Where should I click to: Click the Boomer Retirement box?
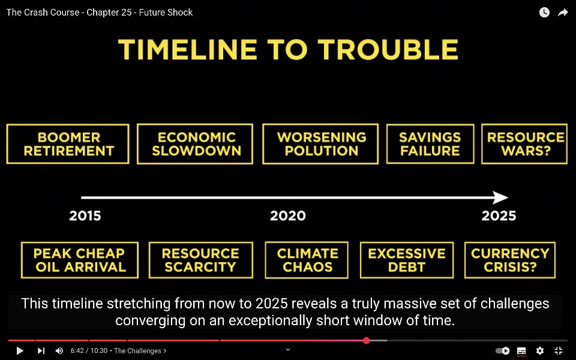pyautogui.click(x=68, y=144)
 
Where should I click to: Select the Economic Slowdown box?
pyautogui.click(x=195, y=144)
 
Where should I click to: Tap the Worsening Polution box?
pyautogui.click(x=320, y=144)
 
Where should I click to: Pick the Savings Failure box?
pyautogui.click(x=430, y=144)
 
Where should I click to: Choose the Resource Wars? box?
pyautogui.click(x=524, y=144)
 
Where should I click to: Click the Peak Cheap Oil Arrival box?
pyautogui.click(x=80, y=260)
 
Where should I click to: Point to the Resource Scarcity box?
pyautogui.click(x=201, y=260)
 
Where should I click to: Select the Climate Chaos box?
pyautogui.click(x=307, y=260)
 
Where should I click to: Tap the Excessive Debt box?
pyautogui.click(x=407, y=260)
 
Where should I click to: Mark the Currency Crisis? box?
pyautogui.click(x=510, y=260)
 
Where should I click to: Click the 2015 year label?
pyautogui.click(x=85, y=215)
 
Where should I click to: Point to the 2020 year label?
pyautogui.click(x=287, y=215)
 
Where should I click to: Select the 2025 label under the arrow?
pyautogui.click(x=499, y=215)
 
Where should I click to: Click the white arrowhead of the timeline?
pyautogui.click(x=500, y=197)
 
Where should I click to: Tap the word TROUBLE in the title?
pyautogui.click(x=388, y=50)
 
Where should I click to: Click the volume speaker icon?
pyautogui.click(x=59, y=351)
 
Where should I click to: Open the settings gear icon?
pyautogui.click(x=539, y=351)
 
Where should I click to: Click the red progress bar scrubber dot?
pyautogui.click(x=366, y=341)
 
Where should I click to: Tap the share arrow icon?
pyautogui.click(x=563, y=13)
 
